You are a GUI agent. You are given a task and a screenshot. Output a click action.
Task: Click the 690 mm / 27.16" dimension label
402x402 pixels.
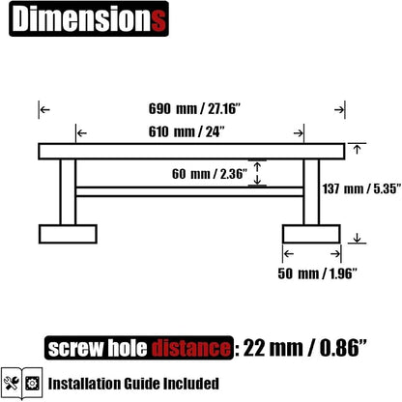pos(194,108)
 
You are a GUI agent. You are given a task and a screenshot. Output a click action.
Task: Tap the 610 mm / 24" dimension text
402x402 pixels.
pos(187,131)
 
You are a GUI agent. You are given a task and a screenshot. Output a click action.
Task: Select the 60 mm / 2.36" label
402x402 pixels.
pos(210,174)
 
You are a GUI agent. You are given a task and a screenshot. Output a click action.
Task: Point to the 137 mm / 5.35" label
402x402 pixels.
pos(362,188)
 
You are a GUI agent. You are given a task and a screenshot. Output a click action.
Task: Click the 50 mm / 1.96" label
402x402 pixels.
pos(318,273)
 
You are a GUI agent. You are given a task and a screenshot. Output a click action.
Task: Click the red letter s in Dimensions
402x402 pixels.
pos(158,20)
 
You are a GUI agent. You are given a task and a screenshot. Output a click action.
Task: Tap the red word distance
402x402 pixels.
pos(191,348)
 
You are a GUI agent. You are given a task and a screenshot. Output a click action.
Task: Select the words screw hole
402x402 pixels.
pos(98,348)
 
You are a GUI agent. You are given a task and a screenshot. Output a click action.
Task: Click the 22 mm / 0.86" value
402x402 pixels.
pos(304,348)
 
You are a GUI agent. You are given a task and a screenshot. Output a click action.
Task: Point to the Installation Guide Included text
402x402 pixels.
pos(133,384)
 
